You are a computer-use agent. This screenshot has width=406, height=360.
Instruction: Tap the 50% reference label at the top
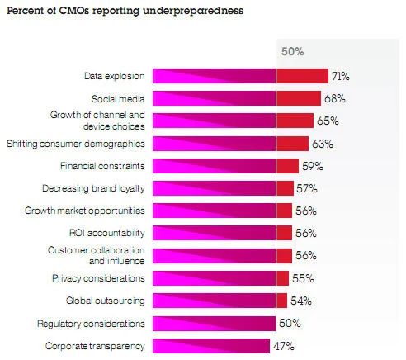(x=293, y=51)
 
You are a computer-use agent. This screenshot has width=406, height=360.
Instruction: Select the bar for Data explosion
(x=239, y=76)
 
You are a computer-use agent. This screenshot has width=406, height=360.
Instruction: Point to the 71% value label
(x=341, y=76)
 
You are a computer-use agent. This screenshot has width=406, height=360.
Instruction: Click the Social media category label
(x=121, y=98)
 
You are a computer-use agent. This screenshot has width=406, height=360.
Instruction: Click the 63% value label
(x=321, y=144)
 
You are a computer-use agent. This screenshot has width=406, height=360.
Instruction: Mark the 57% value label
(x=306, y=188)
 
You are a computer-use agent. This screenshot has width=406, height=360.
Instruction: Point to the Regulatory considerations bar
(x=215, y=322)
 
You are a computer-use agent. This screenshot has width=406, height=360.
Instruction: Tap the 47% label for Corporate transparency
(x=284, y=345)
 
